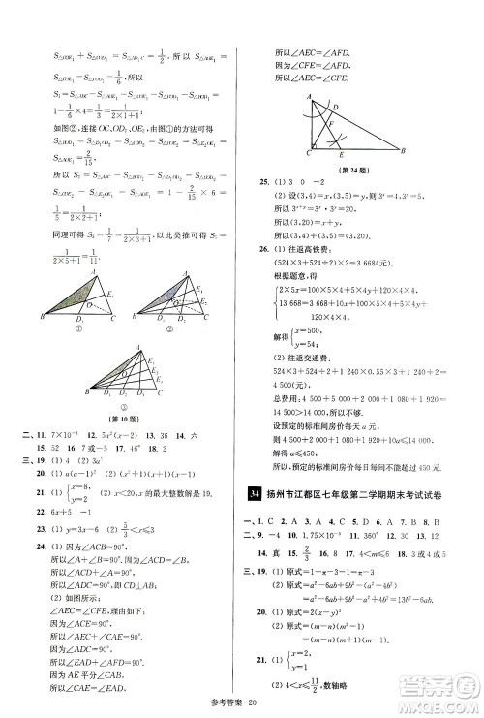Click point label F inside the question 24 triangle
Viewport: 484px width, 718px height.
(x=334, y=124)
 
